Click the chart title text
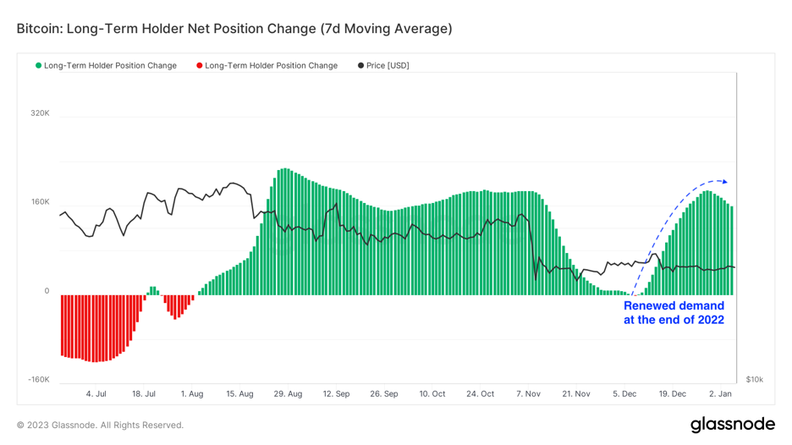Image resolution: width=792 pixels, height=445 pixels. point(234,29)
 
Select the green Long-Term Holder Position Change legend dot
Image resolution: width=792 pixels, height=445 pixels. point(39,66)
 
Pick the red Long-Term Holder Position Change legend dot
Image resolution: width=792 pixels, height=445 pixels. point(200,66)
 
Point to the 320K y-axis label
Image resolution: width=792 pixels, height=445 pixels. point(40,113)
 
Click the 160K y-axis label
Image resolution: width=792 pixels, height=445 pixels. point(40,202)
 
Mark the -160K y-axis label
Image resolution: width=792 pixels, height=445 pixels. point(38,380)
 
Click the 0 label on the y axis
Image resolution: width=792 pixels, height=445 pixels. point(47,291)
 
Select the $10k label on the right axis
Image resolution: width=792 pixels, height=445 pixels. point(755,380)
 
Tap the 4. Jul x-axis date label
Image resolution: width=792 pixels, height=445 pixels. point(96,394)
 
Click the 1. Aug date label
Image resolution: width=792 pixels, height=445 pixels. point(192,394)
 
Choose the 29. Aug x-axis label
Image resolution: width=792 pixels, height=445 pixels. point(289,394)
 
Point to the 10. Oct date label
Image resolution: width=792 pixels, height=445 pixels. point(432,394)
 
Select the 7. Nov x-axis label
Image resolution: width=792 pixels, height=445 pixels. point(528,394)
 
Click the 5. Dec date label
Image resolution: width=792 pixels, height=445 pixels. point(624,394)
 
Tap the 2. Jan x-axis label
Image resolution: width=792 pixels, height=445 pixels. point(721,394)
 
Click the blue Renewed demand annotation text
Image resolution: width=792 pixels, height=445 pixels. point(674,313)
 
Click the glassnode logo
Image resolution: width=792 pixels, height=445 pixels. point(732,425)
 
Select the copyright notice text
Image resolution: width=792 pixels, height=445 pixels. point(100,426)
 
